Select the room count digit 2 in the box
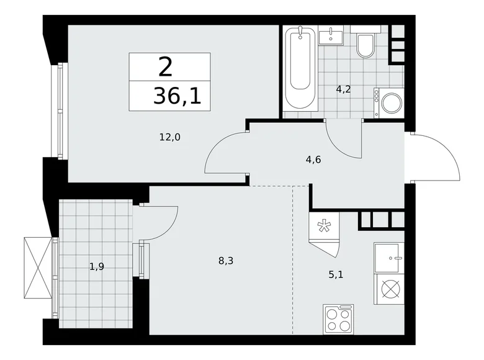pyautogui.click(x=165, y=67)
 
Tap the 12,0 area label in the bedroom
pyautogui.click(x=169, y=138)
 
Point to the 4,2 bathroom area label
pyautogui.click(x=343, y=89)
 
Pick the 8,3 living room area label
pyautogui.click(x=225, y=261)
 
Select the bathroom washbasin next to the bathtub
pyautogui.click(x=331, y=36)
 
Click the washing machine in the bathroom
pyautogui.click(x=390, y=103)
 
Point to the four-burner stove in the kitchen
pyautogui.click(x=338, y=320)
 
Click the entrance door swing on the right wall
pyautogui.click(x=438, y=158)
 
